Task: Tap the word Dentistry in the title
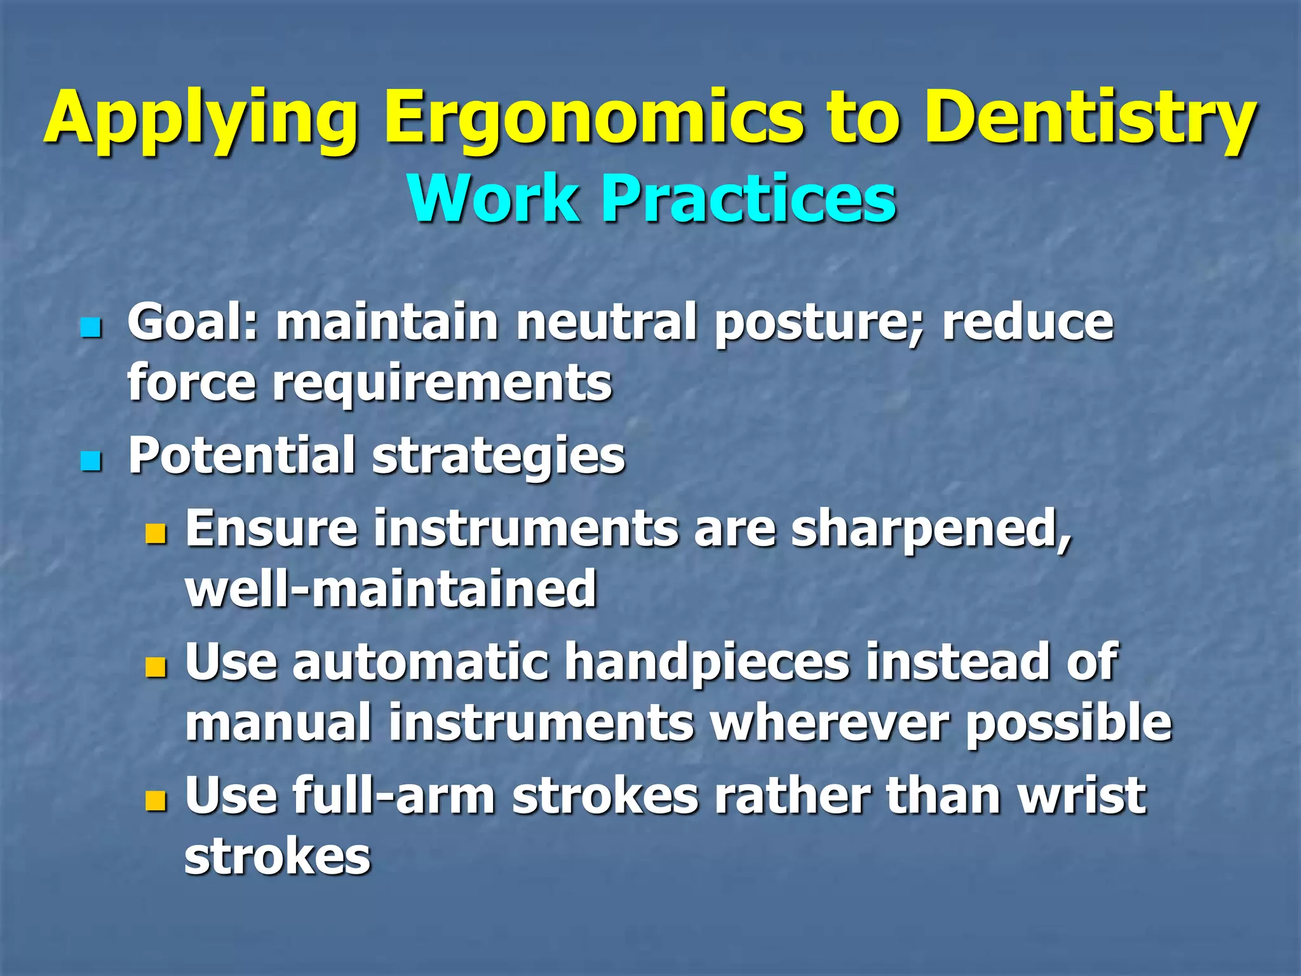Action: coord(1090,118)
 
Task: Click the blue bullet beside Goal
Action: coord(91,329)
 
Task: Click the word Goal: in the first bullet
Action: coord(193,323)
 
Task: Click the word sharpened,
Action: coord(931,529)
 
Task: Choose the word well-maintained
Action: coord(391,589)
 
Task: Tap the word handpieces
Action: coord(707,662)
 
